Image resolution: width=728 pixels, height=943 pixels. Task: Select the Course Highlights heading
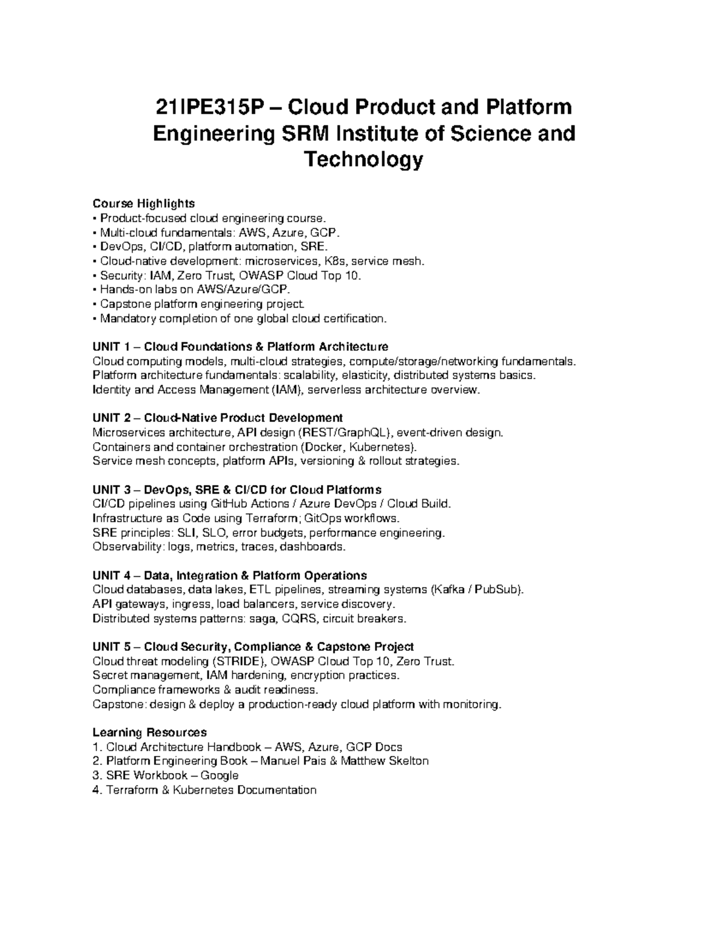coord(143,203)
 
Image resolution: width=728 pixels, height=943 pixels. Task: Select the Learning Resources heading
coord(149,732)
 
